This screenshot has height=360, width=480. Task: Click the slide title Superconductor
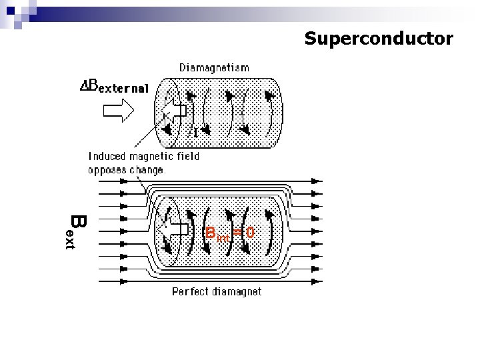pos(379,39)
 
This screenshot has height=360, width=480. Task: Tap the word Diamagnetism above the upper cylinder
pos(214,67)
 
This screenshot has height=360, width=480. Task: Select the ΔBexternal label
pos(114,89)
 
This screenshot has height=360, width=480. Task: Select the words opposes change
pos(127,169)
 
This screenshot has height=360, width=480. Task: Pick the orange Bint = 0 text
pos(229,233)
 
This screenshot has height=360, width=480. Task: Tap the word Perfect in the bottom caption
pos(190,291)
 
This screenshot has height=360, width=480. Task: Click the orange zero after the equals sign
pos(249,233)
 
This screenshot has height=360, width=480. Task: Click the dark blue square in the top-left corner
pos(10,11)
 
